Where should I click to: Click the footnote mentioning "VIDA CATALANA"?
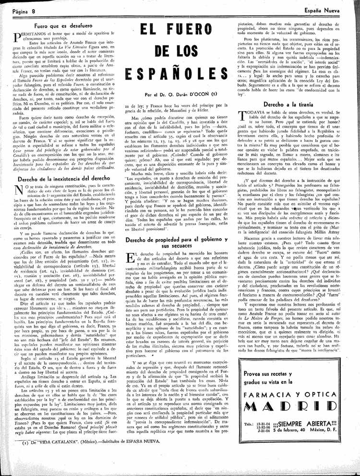coord(96,468)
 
